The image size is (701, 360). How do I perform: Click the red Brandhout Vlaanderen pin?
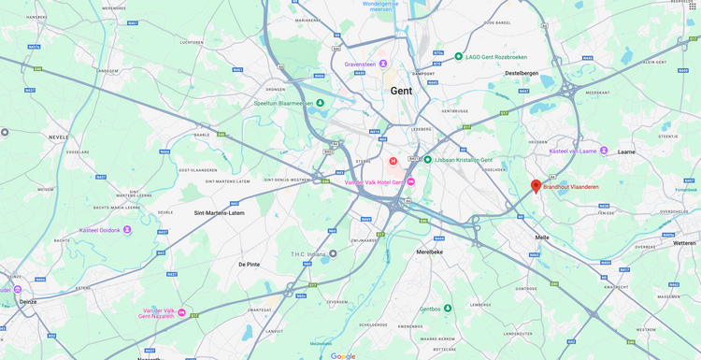[x=536, y=186]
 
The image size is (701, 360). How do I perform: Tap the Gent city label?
[x=401, y=91]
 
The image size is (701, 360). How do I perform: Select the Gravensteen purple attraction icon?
[x=383, y=65]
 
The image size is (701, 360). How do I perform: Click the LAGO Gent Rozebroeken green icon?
[x=458, y=56]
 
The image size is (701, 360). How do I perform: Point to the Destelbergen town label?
[x=523, y=72]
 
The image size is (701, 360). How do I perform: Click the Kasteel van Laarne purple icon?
[x=604, y=151]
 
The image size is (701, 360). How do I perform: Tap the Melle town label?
[x=542, y=238]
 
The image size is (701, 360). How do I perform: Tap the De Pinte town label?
[x=249, y=265]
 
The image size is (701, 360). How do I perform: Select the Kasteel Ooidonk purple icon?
[x=127, y=229]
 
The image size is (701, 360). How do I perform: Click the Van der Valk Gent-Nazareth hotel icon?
[x=181, y=313]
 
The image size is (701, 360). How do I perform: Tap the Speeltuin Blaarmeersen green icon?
[x=321, y=103]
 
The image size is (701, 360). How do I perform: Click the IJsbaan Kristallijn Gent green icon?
[x=427, y=160]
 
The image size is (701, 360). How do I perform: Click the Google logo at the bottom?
[x=343, y=355]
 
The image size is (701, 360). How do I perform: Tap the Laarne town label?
[x=626, y=151]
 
